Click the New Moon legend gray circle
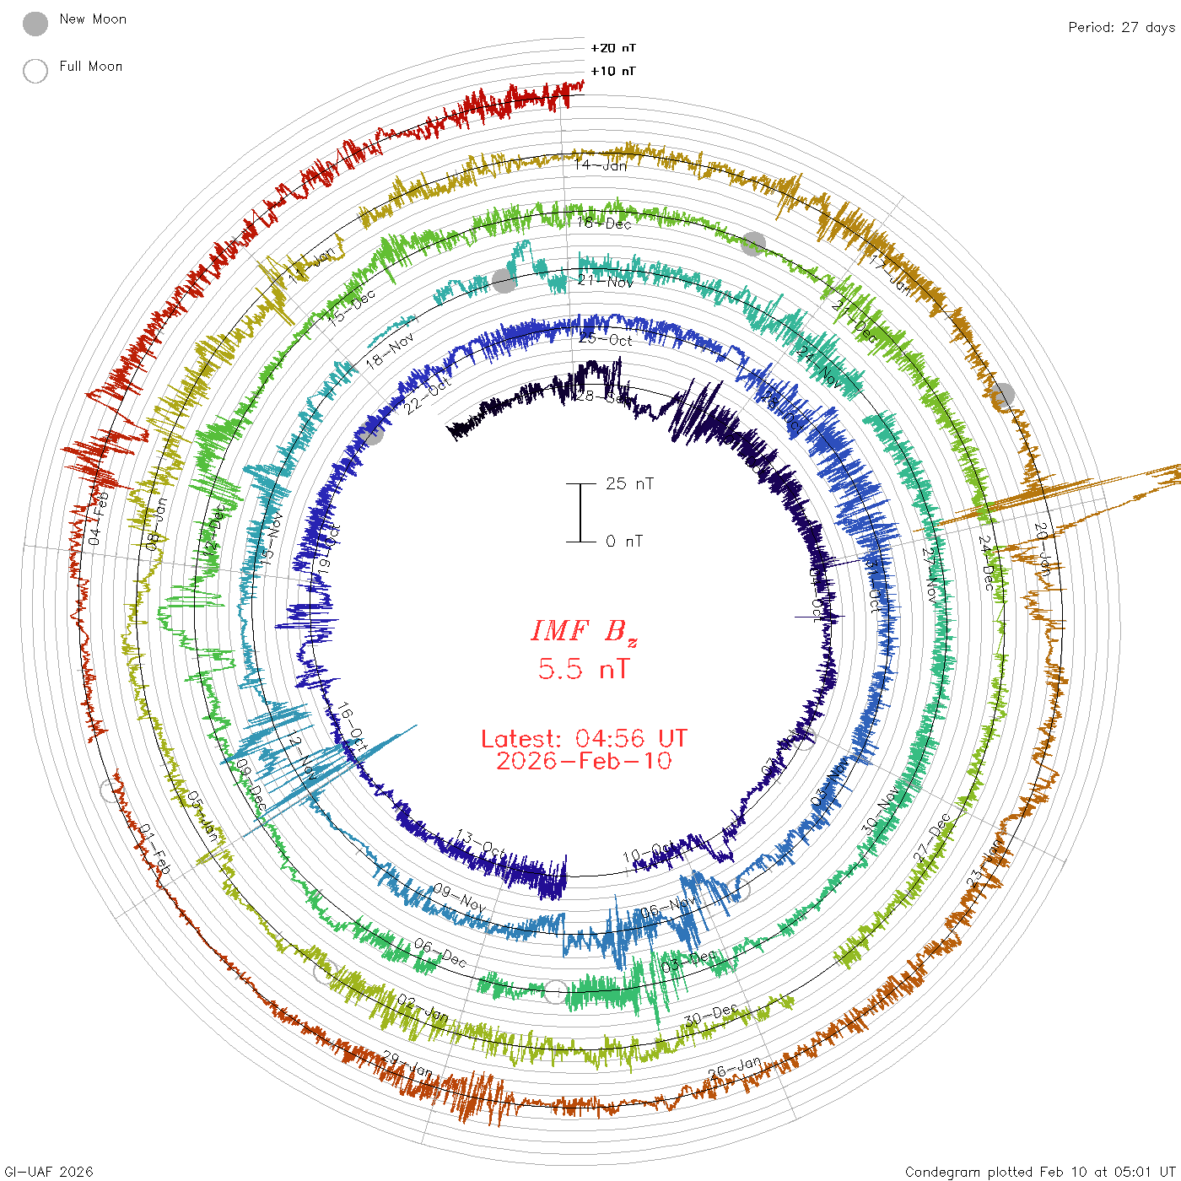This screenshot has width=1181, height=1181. [35, 24]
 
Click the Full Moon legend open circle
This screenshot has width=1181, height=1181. [35, 71]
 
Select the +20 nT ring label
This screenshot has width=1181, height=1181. [613, 48]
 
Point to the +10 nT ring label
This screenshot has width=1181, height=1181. [613, 71]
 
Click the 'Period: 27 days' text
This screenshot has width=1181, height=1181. [1121, 27]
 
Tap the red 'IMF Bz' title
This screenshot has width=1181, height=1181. [584, 631]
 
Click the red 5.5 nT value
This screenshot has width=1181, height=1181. [584, 669]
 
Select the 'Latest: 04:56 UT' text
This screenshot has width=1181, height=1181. [584, 739]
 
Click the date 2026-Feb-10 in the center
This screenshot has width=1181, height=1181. [584, 761]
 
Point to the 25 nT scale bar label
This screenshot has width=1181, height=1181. [629, 483]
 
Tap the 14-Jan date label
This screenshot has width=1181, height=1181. [601, 164]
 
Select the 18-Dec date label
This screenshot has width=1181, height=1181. [604, 223]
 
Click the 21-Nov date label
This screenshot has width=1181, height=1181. [606, 281]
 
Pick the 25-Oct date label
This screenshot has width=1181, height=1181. [606, 339]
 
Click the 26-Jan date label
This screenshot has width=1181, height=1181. [735, 1067]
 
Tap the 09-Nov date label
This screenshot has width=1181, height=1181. [460, 898]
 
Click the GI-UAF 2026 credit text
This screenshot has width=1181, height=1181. [48, 1172]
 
